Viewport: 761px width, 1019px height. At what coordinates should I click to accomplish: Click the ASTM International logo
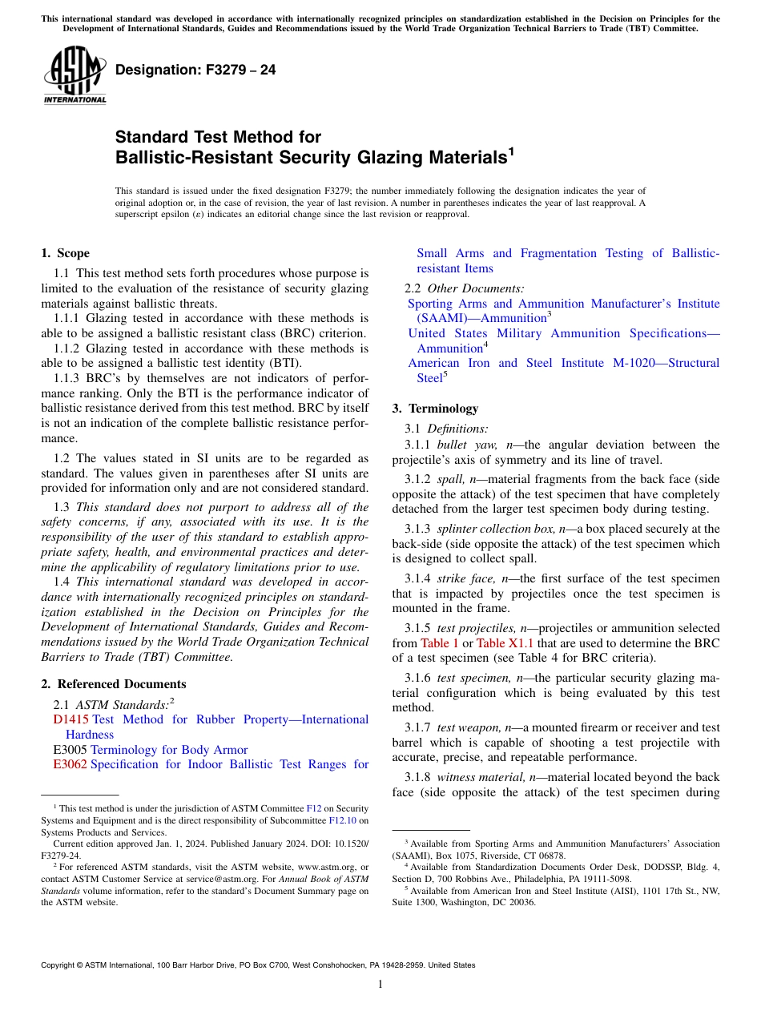click(74, 76)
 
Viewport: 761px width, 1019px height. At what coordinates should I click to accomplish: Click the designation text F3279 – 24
click(195, 70)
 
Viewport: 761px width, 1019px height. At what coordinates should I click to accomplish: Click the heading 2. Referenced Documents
click(113, 684)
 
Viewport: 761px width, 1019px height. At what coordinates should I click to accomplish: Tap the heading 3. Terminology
click(434, 409)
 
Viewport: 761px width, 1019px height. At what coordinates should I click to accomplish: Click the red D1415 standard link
click(70, 719)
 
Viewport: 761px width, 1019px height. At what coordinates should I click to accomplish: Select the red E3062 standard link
click(70, 764)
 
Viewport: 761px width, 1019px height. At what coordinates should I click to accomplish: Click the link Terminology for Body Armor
click(169, 750)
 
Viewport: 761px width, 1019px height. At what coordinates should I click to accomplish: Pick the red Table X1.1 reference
click(505, 643)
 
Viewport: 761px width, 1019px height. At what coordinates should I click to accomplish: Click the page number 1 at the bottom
click(380, 984)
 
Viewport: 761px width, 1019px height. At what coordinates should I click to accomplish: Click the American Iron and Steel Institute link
click(563, 364)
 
